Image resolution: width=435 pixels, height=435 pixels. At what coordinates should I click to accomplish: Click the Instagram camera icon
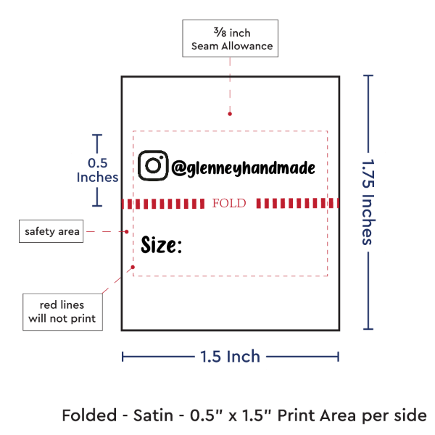(x=153, y=165)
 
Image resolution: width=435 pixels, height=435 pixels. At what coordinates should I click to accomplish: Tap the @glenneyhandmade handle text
(x=244, y=168)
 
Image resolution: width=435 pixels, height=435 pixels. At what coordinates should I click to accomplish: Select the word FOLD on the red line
(x=229, y=203)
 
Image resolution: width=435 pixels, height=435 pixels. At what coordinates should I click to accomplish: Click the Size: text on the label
(x=161, y=245)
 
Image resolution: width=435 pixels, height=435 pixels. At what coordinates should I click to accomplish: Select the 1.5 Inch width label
(x=230, y=356)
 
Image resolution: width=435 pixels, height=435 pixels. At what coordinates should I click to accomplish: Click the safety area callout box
(x=51, y=232)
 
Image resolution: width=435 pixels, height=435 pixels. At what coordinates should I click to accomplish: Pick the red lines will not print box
(x=62, y=311)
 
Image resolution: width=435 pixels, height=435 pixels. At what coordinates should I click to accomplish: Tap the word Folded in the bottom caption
(x=89, y=415)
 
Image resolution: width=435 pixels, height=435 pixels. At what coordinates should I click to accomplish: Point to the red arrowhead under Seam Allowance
(x=230, y=113)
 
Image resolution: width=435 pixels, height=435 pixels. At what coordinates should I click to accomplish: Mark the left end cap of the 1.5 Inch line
(x=123, y=355)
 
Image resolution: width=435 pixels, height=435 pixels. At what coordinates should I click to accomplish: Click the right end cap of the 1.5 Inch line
(x=338, y=355)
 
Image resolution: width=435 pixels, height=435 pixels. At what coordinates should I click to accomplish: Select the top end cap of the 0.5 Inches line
(x=97, y=135)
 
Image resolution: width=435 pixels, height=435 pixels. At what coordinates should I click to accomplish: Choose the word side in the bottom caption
(x=410, y=415)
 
